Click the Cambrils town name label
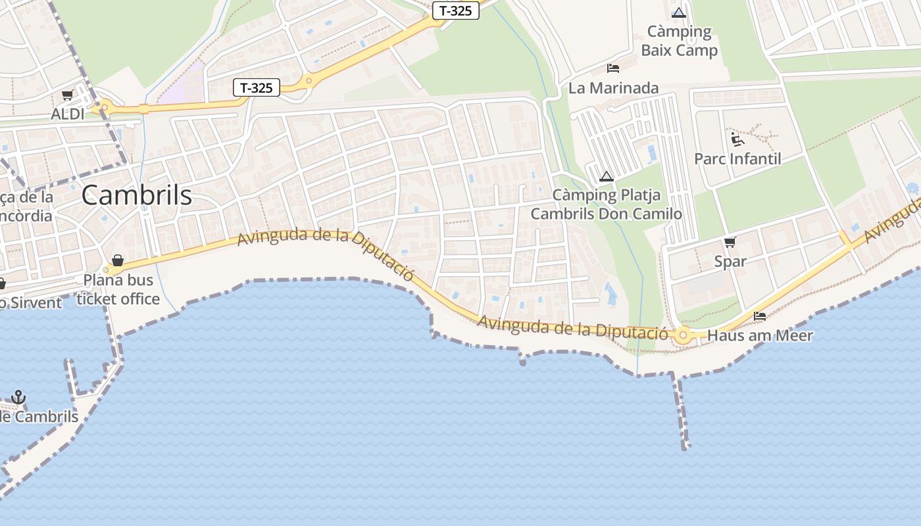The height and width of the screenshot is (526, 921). [x=137, y=195]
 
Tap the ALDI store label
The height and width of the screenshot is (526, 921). [x=68, y=114]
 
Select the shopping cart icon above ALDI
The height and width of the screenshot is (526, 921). [x=67, y=95]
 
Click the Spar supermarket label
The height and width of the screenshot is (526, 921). [x=730, y=261]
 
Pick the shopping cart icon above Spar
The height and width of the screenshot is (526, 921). [x=730, y=242]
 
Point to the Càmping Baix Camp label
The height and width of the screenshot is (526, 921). [x=679, y=41]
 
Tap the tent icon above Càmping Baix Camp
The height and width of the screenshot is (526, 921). [x=679, y=12]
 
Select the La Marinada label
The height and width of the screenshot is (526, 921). [x=613, y=87]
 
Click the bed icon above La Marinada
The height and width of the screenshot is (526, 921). [x=613, y=68]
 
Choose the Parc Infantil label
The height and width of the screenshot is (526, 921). [x=737, y=158]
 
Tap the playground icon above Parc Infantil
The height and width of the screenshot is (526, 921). [x=737, y=139]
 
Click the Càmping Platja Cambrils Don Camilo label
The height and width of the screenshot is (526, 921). [x=606, y=204]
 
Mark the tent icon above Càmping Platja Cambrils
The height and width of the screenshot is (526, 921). [x=607, y=176]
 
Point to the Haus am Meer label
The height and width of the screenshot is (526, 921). [x=760, y=335]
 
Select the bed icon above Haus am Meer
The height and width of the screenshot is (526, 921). [x=760, y=316]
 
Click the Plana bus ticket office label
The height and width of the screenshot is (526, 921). [x=118, y=289]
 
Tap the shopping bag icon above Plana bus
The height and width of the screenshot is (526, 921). [x=118, y=260]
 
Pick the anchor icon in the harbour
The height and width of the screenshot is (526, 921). [x=18, y=397]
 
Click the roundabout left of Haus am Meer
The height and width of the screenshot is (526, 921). [x=684, y=336]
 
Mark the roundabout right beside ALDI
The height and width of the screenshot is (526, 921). [x=104, y=107]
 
